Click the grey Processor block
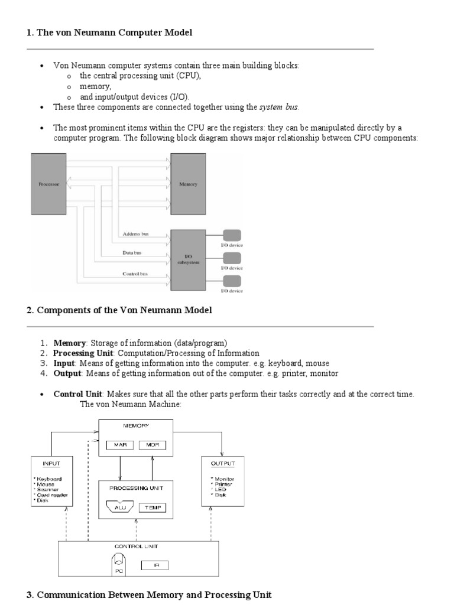(x=48, y=184)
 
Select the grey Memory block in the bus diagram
(x=188, y=184)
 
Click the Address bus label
(x=135, y=234)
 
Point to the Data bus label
(x=132, y=253)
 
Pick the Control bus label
(x=135, y=274)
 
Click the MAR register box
(x=120, y=444)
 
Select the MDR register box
(x=153, y=444)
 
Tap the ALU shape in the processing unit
(x=120, y=508)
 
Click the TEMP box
(x=153, y=508)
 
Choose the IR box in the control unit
(x=154, y=565)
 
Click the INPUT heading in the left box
(x=52, y=464)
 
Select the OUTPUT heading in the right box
(x=222, y=464)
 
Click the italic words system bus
(x=279, y=107)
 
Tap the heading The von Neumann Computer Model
(x=115, y=33)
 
